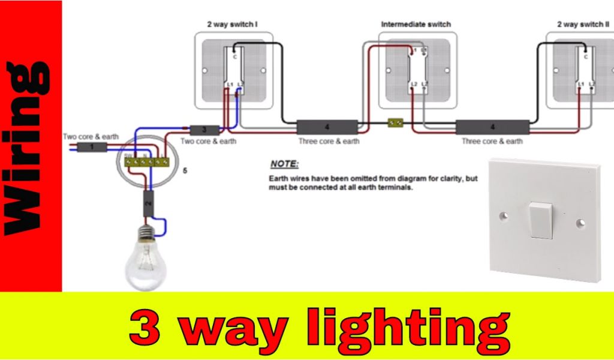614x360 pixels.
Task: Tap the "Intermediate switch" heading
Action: coord(416,25)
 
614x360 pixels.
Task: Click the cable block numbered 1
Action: coord(91,147)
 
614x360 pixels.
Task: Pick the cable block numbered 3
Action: coord(204,130)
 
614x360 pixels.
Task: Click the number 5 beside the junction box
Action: coord(185,171)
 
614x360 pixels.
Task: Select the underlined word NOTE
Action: coord(284,164)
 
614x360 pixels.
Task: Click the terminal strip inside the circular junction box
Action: coord(145,161)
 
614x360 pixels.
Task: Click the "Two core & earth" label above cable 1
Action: coord(91,137)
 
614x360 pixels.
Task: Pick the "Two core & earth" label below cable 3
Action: coord(209,142)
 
